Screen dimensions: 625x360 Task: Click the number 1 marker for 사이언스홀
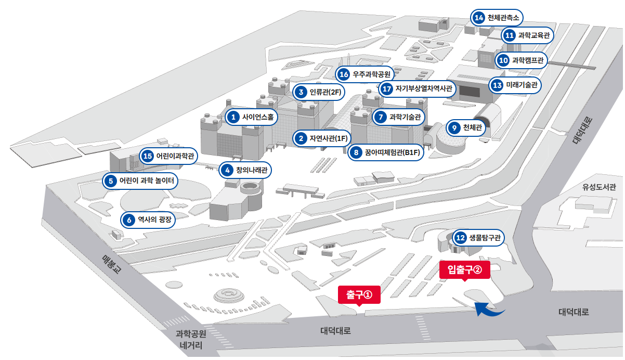tap(233, 117)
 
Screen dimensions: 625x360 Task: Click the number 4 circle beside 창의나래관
tap(227, 170)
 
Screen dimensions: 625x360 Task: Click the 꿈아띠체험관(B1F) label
tap(392, 152)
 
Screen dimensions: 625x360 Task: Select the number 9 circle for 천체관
tap(454, 127)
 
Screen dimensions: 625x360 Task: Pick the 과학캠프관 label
tap(528, 60)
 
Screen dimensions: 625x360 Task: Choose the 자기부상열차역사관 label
tap(424, 88)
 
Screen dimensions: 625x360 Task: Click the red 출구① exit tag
tap(359, 295)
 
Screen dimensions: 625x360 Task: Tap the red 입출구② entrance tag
tap(465, 270)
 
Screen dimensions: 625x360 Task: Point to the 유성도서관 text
tap(598, 187)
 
